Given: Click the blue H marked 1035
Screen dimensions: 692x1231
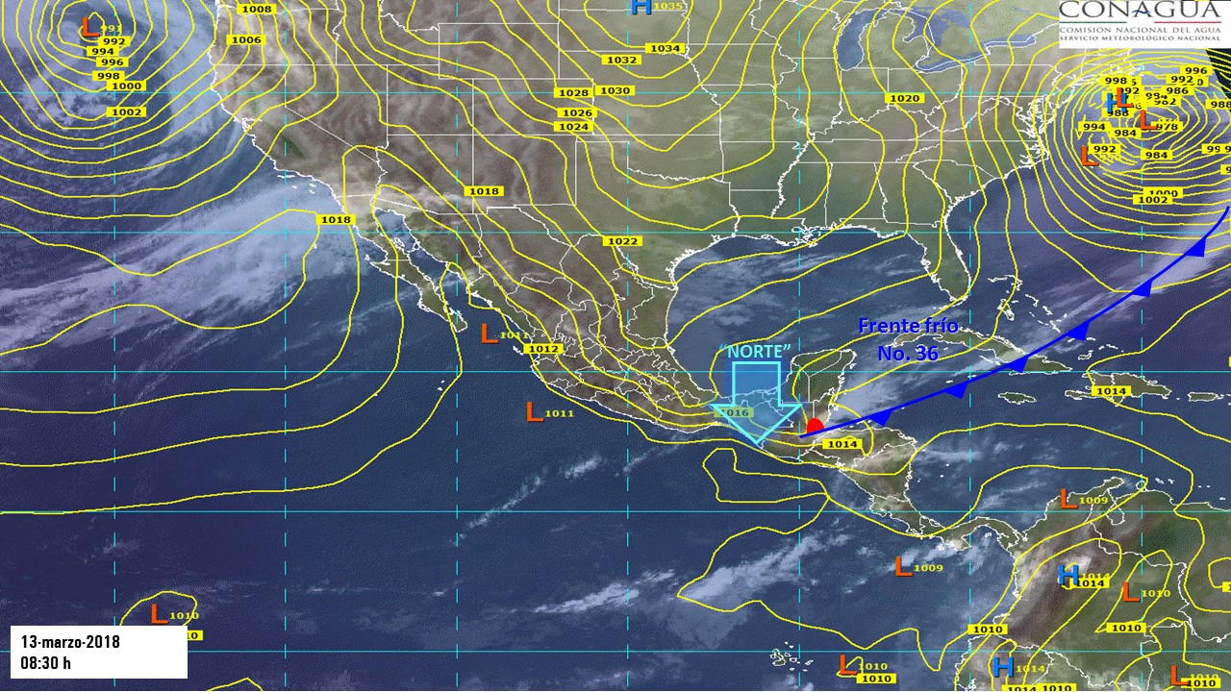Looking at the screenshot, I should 641,7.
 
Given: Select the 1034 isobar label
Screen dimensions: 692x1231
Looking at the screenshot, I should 665,48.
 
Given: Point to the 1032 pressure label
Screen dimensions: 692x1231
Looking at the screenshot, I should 621,60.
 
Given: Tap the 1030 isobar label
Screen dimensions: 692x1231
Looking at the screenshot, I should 615,90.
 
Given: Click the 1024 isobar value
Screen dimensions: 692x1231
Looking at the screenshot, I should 573,127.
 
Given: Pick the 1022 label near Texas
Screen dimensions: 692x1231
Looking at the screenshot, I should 622,240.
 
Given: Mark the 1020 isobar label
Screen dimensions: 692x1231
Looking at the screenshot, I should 904,98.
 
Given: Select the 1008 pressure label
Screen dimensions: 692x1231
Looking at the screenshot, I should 257,9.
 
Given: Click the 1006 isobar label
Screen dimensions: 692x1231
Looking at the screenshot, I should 246,39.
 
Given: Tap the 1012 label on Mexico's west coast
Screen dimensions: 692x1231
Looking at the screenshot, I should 544,348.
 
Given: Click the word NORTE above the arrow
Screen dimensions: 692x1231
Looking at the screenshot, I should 759,351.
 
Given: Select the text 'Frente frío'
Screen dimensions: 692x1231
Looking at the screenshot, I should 908,326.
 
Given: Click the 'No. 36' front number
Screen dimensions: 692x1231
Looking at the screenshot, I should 907,354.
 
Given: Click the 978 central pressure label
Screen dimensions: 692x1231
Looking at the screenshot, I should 1167,127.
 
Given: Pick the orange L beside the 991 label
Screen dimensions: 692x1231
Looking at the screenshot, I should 89,26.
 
